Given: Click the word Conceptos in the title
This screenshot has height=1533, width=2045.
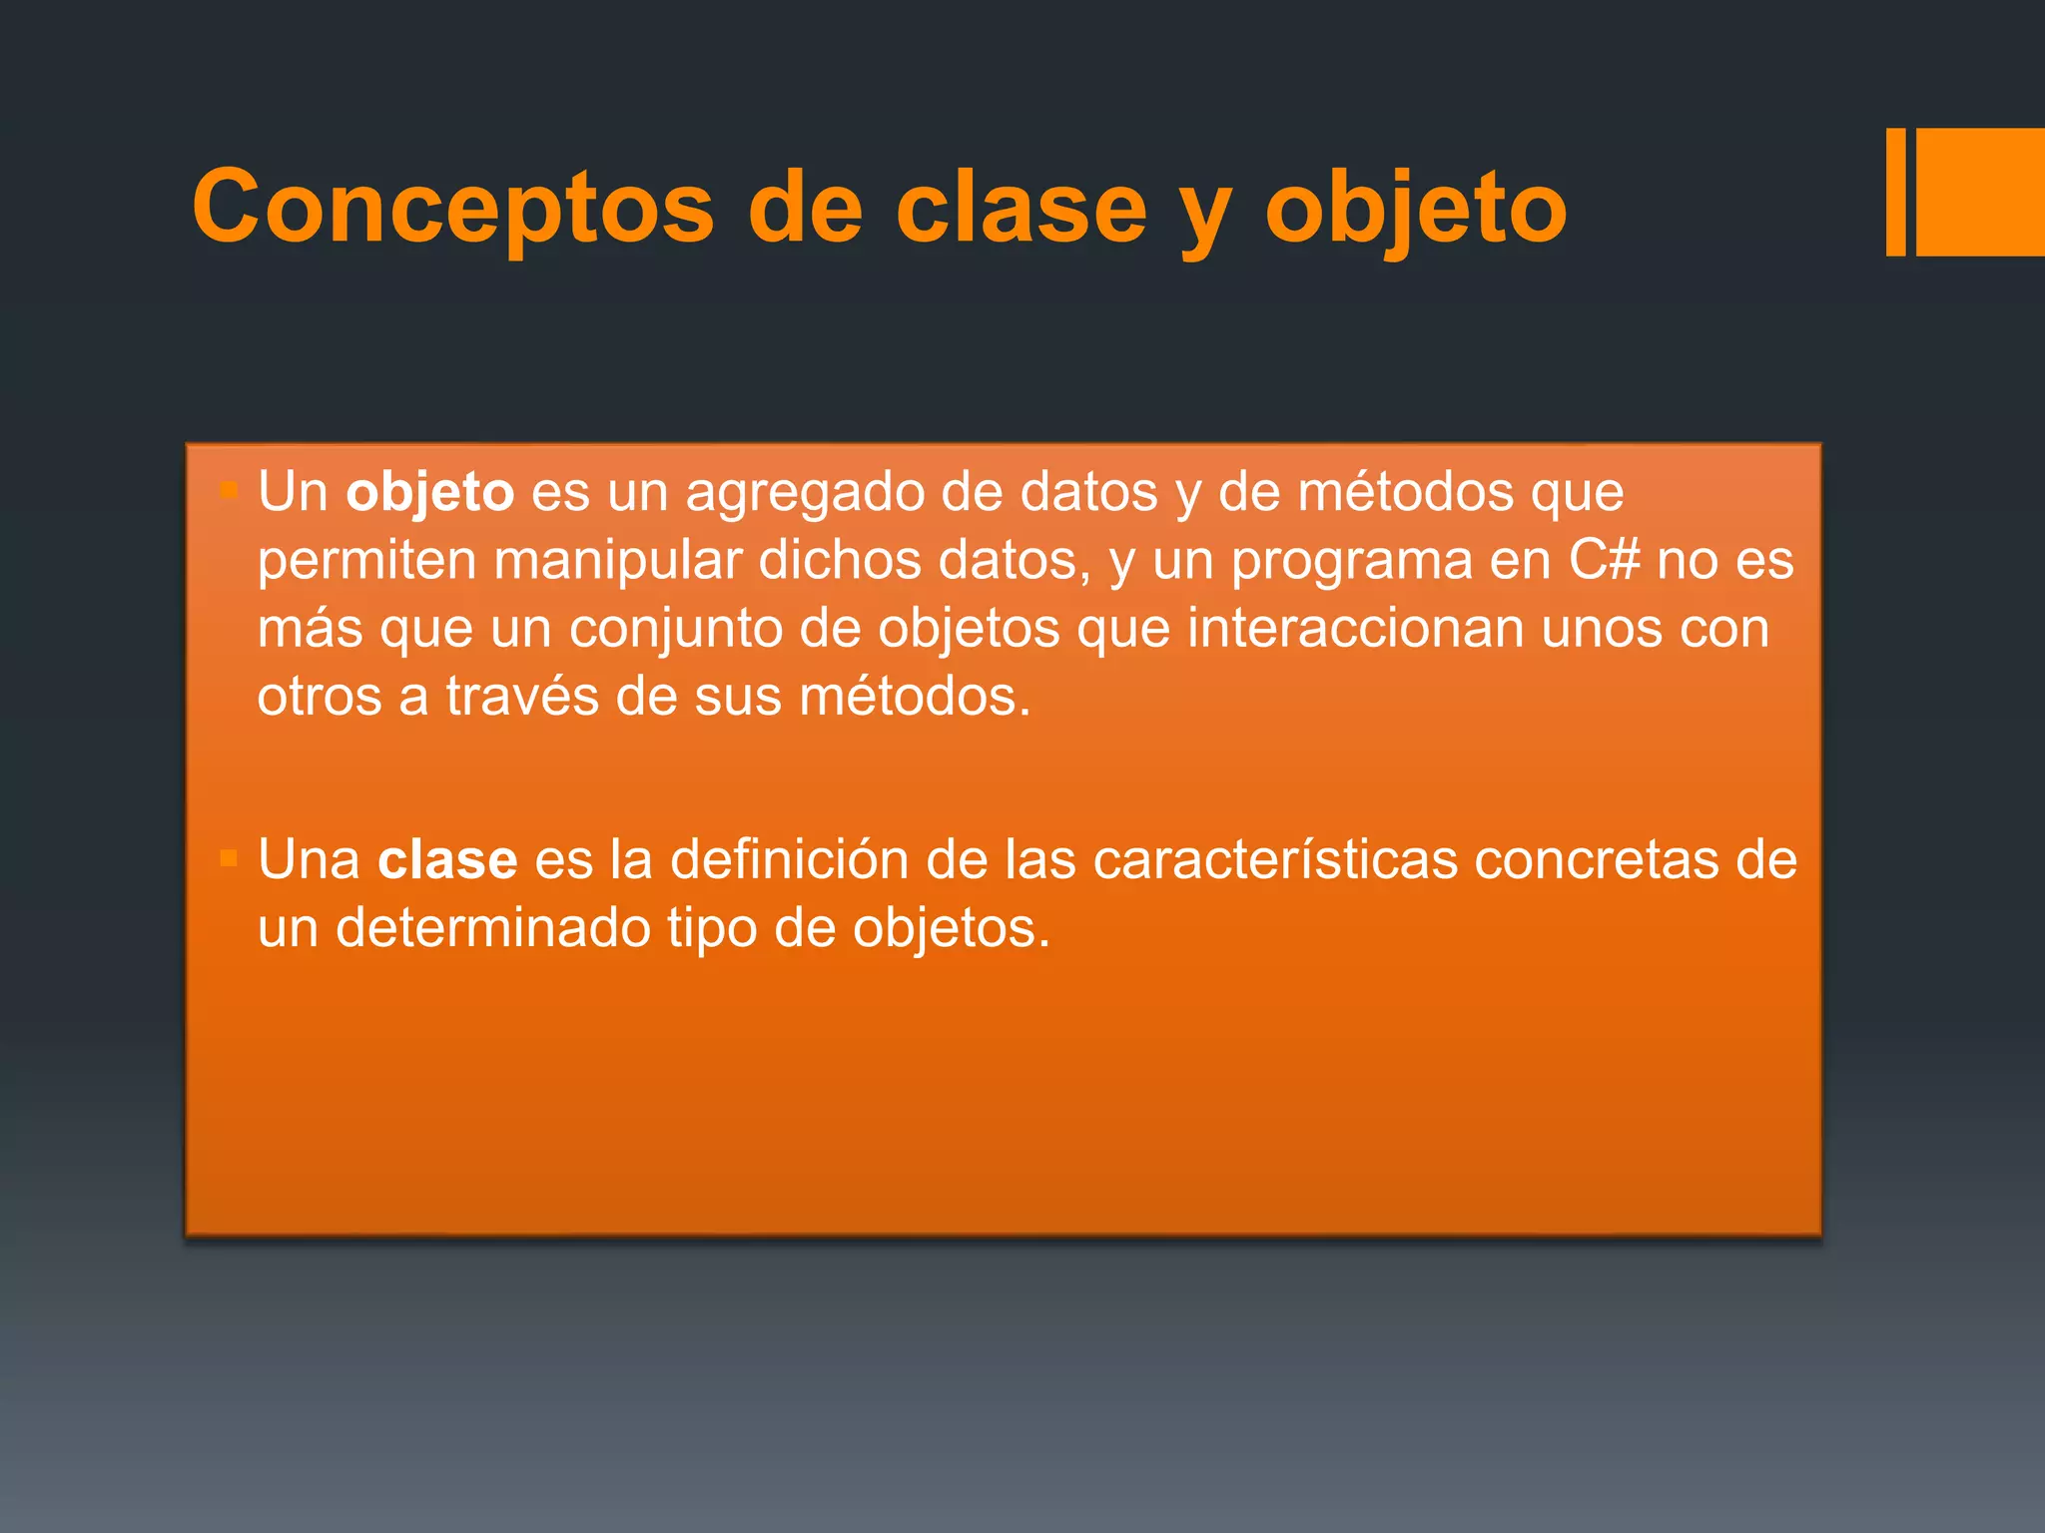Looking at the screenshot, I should coord(452,208).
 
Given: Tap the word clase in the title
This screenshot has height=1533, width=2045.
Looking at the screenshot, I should coord(1021,208).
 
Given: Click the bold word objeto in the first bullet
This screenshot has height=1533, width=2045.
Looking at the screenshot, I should coord(429,493).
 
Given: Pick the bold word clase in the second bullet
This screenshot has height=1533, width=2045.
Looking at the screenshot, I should coord(447,860).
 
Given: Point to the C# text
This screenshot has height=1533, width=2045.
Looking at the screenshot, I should coord(1604,561).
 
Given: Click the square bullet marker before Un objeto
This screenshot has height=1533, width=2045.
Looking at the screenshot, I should coord(229,490).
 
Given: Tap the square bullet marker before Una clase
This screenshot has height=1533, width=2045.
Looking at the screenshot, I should coord(229,858).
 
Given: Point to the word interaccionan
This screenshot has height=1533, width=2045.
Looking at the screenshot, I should coord(1355,629).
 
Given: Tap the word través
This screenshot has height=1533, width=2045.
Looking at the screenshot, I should coord(521,697).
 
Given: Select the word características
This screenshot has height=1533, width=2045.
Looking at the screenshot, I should coord(1275,860).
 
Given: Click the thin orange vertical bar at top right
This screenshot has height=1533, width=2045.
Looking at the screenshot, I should coord(1895,192).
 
